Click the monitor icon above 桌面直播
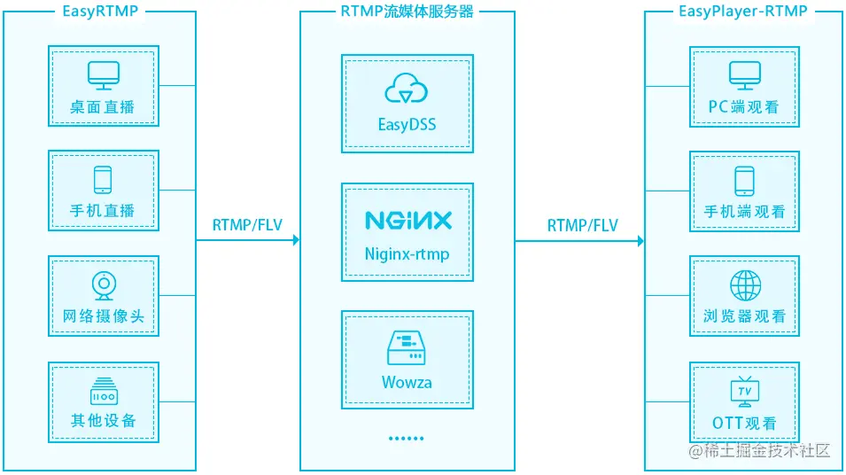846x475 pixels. pos(103,75)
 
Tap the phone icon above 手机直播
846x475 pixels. pos(103,180)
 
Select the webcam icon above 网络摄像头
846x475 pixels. pos(103,284)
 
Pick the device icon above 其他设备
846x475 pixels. pos(103,390)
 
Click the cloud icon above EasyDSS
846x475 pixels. pos(407,90)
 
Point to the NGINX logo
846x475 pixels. pos(407,220)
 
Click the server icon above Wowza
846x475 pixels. pos(407,348)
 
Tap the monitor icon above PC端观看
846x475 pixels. pos(743,75)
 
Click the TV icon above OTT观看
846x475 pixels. pos(744,390)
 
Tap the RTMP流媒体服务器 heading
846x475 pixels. pos(407,12)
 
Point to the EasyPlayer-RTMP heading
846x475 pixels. pos(744,12)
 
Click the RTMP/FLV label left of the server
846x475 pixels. pos(247,224)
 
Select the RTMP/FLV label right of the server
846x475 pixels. pos(582,224)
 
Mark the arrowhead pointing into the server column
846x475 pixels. pos(295,240)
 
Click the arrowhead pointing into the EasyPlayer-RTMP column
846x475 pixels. pos(639,240)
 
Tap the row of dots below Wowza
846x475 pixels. pos(407,438)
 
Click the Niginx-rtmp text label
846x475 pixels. pos(407,253)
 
